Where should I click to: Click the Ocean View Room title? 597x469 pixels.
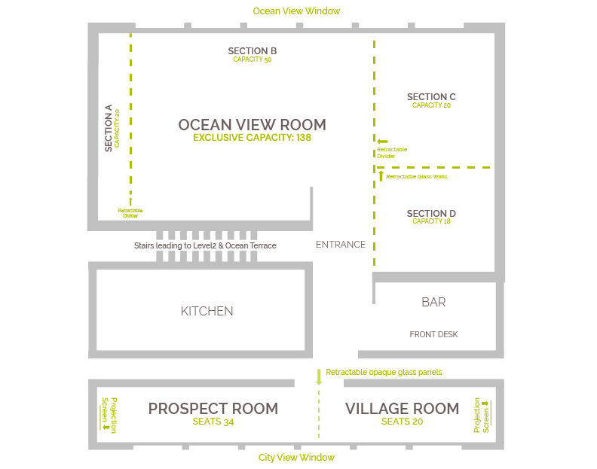[252, 125]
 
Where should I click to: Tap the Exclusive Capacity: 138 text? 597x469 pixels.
[252, 138]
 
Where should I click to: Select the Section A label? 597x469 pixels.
[109, 128]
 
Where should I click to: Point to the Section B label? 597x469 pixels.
[252, 51]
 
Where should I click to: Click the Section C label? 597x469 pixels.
[431, 97]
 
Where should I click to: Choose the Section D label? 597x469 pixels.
[431, 214]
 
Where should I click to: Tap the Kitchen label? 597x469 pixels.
[207, 311]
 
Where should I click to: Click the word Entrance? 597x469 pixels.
[341, 245]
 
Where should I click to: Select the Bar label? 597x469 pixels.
[433, 302]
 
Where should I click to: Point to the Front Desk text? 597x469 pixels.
[433, 334]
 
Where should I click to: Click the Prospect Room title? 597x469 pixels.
[213, 409]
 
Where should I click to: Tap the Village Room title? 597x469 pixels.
[402, 409]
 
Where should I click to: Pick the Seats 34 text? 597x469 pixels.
[213, 422]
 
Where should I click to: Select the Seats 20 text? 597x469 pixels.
[402, 422]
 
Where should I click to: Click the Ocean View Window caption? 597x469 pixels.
[296, 11]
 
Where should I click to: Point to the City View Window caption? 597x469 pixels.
[296, 458]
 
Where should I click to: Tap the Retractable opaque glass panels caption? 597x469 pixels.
[384, 372]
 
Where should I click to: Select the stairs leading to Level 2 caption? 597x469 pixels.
[205, 245]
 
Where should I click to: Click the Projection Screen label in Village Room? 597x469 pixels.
[482, 415]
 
